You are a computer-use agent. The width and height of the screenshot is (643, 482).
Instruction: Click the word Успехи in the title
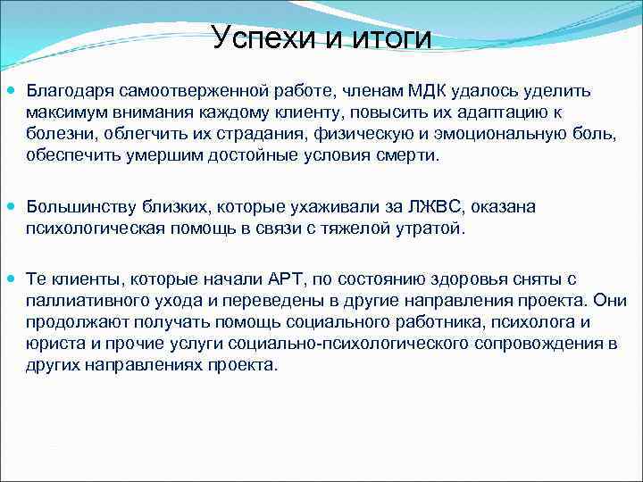(259, 37)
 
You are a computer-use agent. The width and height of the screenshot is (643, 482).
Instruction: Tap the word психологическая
(93, 229)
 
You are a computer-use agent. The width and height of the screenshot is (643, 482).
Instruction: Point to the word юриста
(50, 345)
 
